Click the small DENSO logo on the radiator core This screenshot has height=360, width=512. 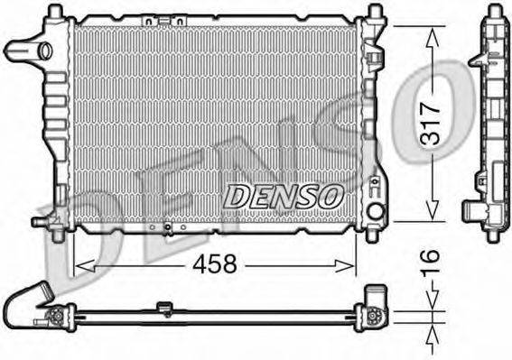point(282,193)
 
